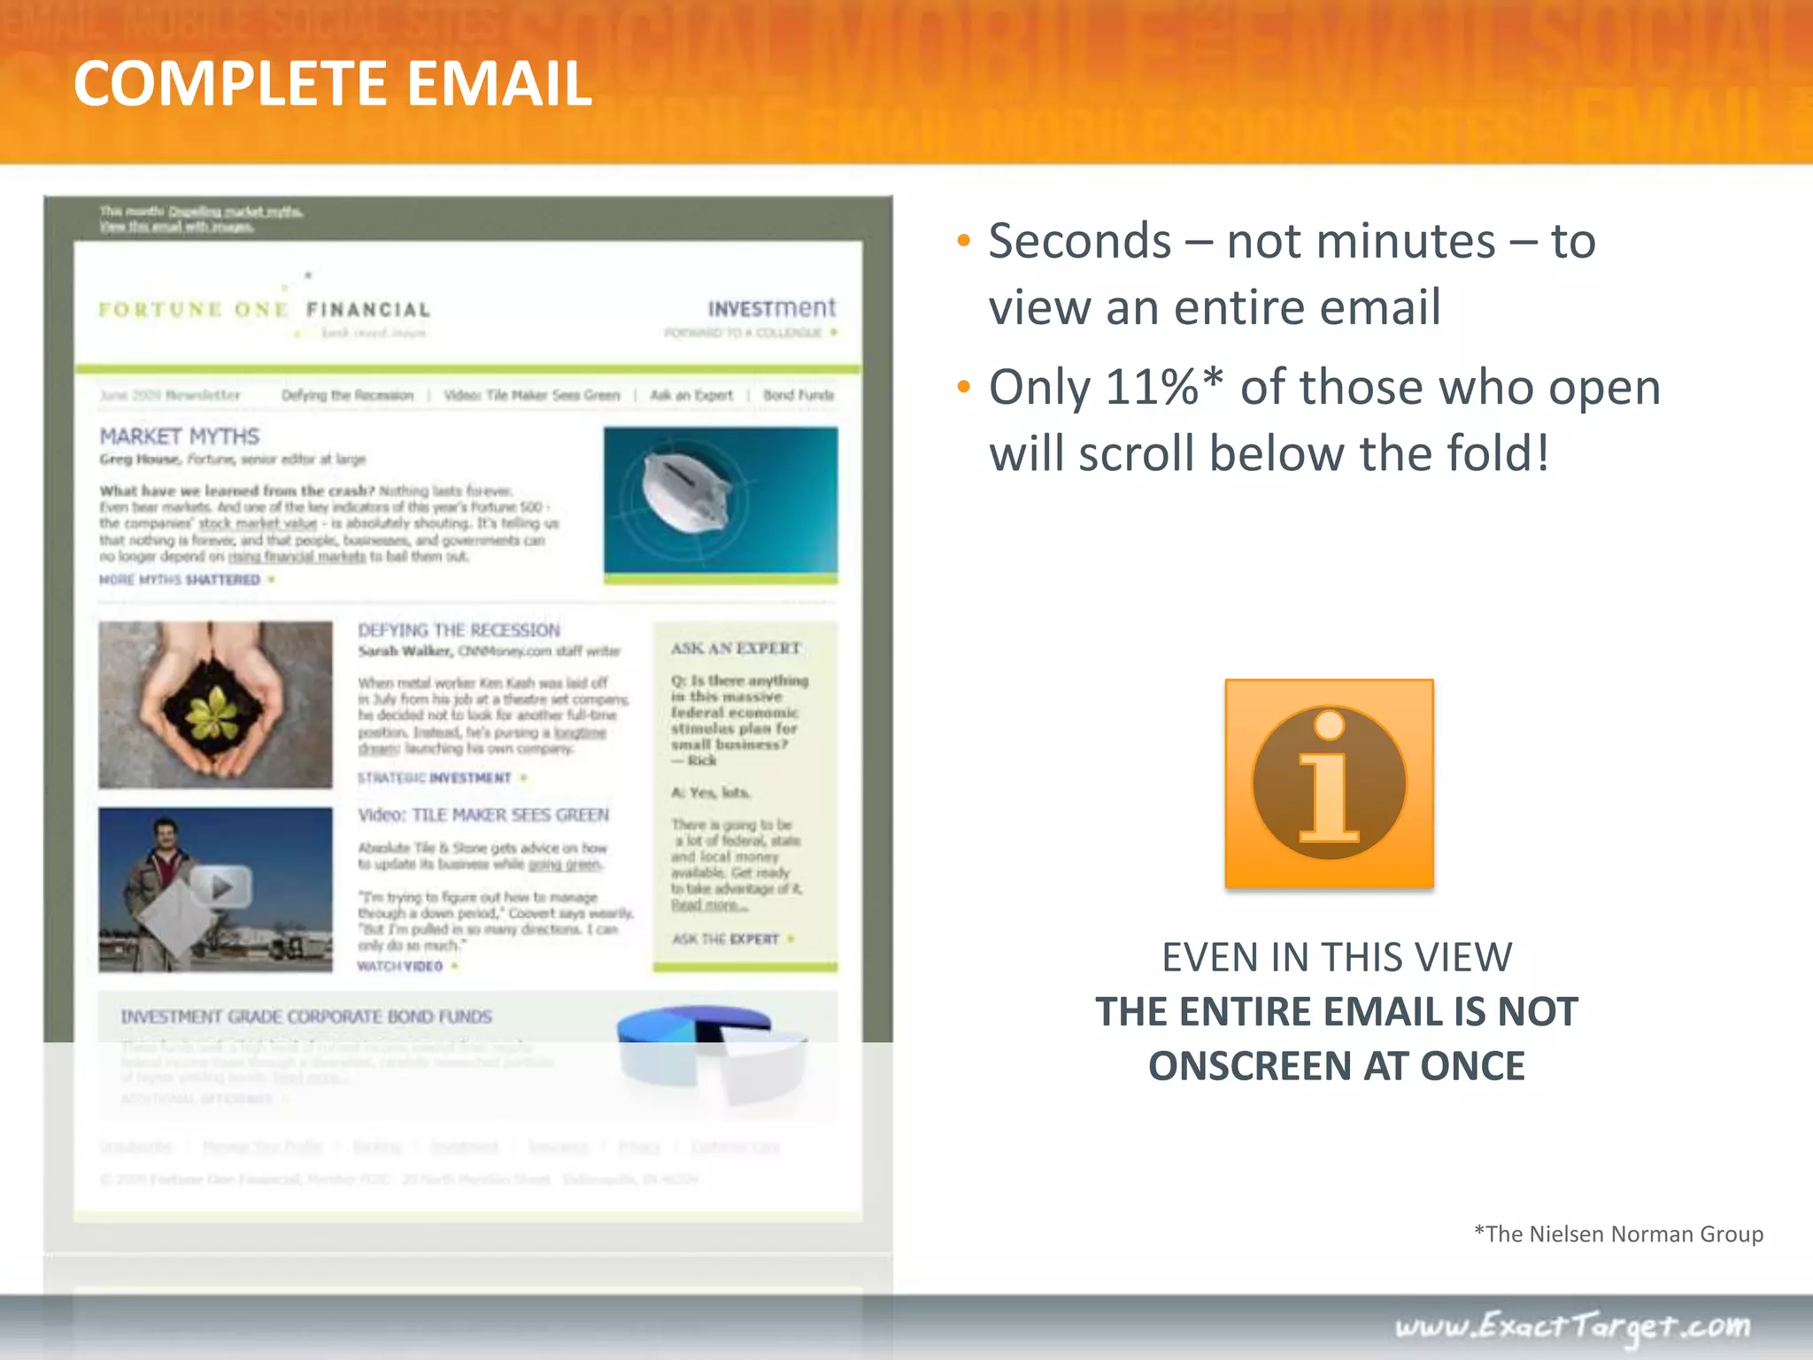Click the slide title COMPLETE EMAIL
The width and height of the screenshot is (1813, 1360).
(x=333, y=84)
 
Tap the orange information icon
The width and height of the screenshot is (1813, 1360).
(x=1329, y=784)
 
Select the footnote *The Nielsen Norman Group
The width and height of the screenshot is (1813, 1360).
(x=1618, y=1233)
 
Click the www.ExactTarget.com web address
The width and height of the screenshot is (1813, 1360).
(x=1572, y=1326)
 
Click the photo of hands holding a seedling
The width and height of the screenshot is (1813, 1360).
(x=215, y=705)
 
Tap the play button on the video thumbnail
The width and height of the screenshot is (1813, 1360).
(x=221, y=886)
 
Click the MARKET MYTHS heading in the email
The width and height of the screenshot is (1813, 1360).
(x=180, y=437)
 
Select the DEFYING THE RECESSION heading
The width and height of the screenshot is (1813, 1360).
(x=459, y=630)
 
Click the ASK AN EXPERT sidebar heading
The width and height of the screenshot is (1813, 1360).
(x=736, y=648)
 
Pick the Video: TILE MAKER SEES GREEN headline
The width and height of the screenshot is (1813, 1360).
(x=483, y=815)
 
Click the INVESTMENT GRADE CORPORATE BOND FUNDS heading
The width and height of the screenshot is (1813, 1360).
(x=306, y=1016)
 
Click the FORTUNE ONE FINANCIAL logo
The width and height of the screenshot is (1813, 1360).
(x=264, y=310)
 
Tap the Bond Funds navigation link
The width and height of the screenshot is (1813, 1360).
(x=798, y=395)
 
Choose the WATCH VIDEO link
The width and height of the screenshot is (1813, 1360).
(x=400, y=966)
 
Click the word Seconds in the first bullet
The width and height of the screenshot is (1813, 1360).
(x=1080, y=241)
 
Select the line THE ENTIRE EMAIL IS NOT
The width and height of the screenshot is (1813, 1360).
(x=1337, y=1011)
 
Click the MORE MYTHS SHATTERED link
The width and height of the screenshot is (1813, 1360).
(x=180, y=580)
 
